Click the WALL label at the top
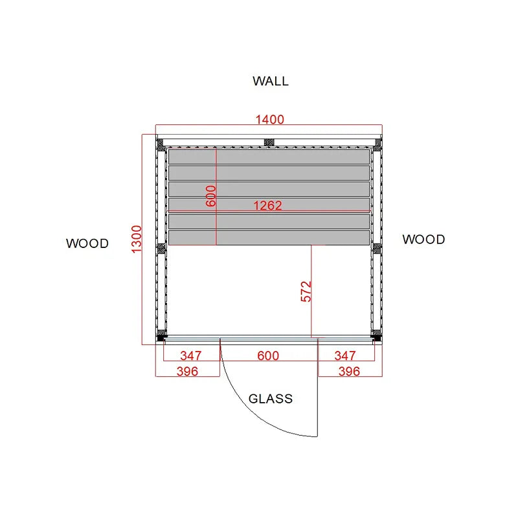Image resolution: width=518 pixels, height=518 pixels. coord(271,81)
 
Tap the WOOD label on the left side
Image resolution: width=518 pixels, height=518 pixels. coord(87,243)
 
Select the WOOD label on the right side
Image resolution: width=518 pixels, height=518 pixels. coord(423,240)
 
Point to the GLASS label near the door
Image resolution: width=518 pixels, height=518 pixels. coord(271,399)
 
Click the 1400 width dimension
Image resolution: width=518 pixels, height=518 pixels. coord(270,119)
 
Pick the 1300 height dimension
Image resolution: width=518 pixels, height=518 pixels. coord(137,239)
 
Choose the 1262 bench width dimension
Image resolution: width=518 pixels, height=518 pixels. coord(267,206)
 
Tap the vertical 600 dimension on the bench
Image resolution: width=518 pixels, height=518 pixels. coord(210,196)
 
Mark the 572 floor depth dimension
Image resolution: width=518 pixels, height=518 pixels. coord(306,291)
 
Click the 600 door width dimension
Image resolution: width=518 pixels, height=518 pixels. coord(268,355)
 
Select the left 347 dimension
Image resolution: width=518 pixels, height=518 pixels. coord(190,355)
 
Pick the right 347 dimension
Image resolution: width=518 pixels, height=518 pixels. coord(345,355)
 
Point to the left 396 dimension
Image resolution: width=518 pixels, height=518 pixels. coord(187,371)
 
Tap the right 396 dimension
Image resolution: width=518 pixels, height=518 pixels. coord(349,371)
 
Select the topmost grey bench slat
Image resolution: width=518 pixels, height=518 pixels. coord(269,157)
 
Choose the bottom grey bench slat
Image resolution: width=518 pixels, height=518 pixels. coord(269,238)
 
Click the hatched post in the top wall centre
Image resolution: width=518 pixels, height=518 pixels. coord(269,142)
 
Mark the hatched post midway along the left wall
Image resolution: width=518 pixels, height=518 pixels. coord(161,247)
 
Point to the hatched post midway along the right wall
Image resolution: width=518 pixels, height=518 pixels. coord(377,247)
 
